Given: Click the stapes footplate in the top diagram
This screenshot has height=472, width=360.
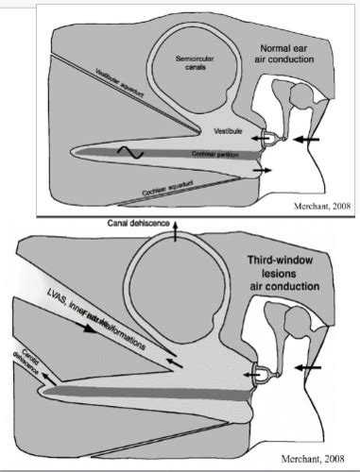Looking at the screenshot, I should [267, 139].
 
